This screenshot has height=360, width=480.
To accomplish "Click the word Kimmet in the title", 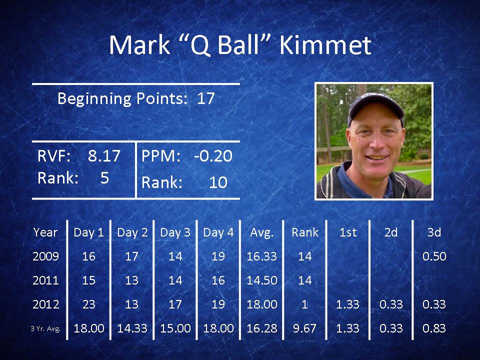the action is click(x=325, y=45).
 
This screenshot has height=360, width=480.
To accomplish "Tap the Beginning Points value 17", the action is click(x=205, y=98).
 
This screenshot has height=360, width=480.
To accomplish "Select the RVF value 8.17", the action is click(x=104, y=155).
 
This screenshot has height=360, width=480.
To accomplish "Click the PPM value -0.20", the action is click(x=213, y=155).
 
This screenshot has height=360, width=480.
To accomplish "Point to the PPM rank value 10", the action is click(x=218, y=182).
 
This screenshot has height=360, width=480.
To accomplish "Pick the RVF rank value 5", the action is click(x=104, y=177).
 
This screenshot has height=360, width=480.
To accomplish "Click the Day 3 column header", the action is click(x=175, y=232).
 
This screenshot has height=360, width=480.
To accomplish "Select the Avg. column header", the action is click(x=261, y=232).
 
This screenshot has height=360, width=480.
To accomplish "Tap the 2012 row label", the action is click(x=45, y=304).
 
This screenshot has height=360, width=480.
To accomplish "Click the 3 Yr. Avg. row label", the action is click(x=45, y=329).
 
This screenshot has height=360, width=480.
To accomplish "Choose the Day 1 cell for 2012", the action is click(x=89, y=304).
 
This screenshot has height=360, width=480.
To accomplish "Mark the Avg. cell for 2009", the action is click(x=261, y=256).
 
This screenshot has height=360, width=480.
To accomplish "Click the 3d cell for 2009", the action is click(x=434, y=256).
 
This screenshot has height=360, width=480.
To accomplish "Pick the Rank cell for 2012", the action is click(x=304, y=304).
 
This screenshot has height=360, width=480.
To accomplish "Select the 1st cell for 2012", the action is click(x=348, y=304).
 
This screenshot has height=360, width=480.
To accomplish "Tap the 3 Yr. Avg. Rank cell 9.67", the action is click(x=304, y=328).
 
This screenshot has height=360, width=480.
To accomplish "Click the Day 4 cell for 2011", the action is click(x=218, y=280).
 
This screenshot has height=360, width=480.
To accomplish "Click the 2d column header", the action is click(x=391, y=232).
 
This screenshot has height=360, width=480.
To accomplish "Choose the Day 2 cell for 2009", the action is click(x=132, y=256).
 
